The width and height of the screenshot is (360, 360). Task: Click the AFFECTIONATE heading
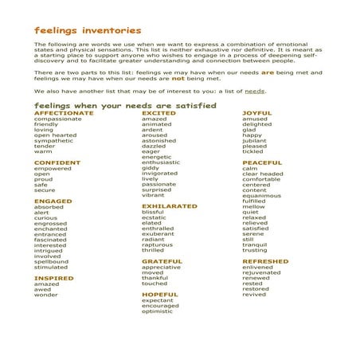(x=64, y=113)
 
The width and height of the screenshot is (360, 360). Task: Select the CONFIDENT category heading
(x=57, y=162)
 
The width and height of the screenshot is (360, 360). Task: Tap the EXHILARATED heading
(x=169, y=205)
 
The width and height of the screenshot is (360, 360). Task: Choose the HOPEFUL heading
(x=160, y=294)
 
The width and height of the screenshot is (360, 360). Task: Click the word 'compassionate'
(x=58, y=119)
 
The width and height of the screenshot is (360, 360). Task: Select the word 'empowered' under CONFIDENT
(x=53, y=169)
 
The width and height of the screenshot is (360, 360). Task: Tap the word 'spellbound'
(x=52, y=261)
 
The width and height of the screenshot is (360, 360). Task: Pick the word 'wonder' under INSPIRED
(x=46, y=295)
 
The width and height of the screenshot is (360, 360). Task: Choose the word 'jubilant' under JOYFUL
(x=256, y=140)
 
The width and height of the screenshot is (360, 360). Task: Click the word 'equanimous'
(x=262, y=196)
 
